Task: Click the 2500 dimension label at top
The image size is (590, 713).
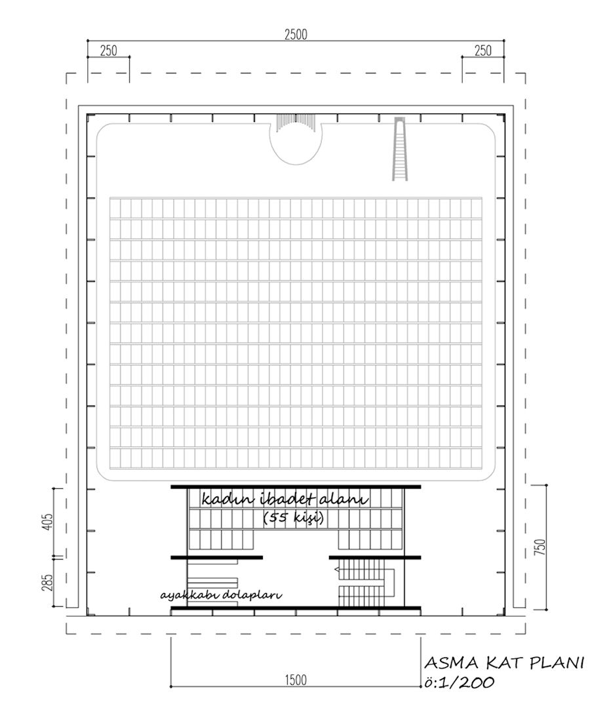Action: pyautogui.click(x=296, y=35)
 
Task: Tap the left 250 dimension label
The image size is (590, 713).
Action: pyautogui.click(x=108, y=51)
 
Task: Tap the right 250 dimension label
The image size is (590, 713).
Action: pyautogui.click(x=482, y=51)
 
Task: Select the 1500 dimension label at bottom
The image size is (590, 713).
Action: pyautogui.click(x=296, y=680)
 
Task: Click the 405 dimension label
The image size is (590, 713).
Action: pyautogui.click(x=49, y=522)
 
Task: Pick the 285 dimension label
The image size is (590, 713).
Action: pyautogui.click(x=49, y=583)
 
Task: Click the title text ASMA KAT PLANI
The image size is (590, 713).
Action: pyautogui.click(x=504, y=663)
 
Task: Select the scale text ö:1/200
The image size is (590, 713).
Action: pyautogui.click(x=458, y=682)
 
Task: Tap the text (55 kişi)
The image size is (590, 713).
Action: pyautogui.click(x=294, y=518)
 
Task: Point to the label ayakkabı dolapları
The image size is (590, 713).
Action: pyautogui.click(x=221, y=595)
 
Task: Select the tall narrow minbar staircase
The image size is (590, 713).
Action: pyautogui.click(x=400, y=149)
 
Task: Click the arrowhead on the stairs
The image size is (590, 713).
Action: pyautogui.click(x=338, y=569)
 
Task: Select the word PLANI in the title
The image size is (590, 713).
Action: pyautogui.click(x=556, y=663)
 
